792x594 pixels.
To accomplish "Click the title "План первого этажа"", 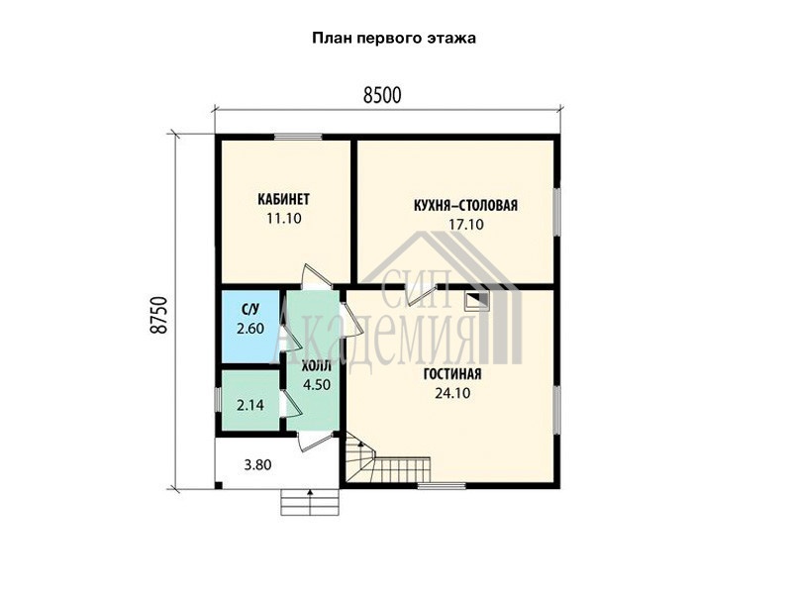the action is point(393,39).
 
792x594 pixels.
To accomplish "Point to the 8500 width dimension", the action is point(382,95).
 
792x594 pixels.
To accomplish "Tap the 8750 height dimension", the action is point(158,315).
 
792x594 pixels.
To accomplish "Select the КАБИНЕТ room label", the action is point(283,200).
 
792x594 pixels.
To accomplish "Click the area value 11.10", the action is point(284,219).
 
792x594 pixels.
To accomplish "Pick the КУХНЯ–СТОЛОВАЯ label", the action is point(465,206).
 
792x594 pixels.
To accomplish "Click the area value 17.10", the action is point(466,225).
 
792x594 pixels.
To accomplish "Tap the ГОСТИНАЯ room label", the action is point(452,374).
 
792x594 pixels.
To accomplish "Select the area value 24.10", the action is point(452,393).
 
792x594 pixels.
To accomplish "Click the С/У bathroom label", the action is point(250,310).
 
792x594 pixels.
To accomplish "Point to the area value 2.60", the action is point(250,329).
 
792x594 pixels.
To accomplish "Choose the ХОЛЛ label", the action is point(316,365).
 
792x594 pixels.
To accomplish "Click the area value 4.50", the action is point(317,385).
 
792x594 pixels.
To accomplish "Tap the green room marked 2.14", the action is point(250,401).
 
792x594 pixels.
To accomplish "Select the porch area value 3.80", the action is point(257,464).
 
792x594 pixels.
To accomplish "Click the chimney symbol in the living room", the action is point(477,302).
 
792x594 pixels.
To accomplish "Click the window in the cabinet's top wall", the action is point(298,137).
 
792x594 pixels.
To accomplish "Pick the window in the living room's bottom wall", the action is point(442,486).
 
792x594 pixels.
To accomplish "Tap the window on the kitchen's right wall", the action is point(556,212).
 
